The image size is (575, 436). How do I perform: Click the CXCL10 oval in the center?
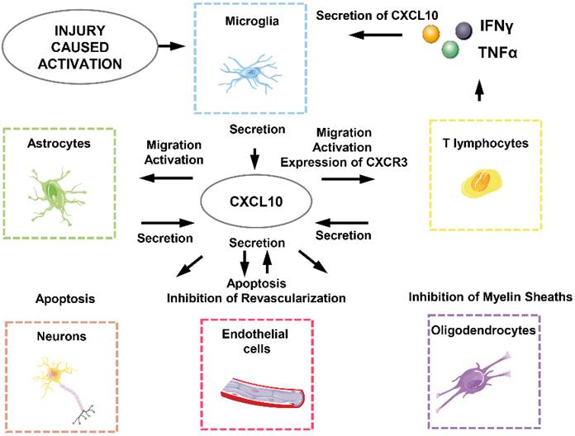[255, 200]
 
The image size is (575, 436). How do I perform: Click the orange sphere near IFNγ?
[430, 35]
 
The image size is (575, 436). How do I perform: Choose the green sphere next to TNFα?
[450, 50]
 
